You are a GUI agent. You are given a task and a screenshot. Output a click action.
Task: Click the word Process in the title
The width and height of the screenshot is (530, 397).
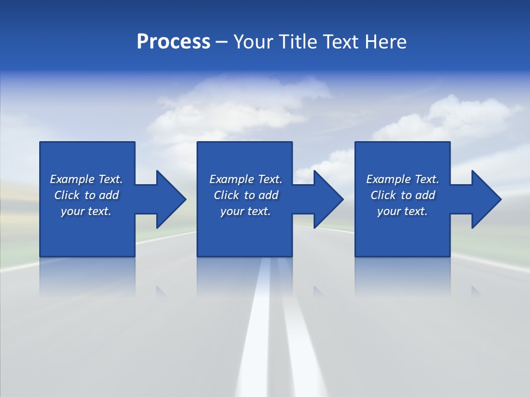click(173, 42)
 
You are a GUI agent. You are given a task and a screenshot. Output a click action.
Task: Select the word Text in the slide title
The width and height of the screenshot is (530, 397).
click(341, 42)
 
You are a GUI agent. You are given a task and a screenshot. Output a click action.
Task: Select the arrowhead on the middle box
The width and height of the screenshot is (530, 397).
click(328, 199)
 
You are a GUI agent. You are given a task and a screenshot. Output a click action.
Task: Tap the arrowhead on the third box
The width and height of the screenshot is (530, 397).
click(486, 199)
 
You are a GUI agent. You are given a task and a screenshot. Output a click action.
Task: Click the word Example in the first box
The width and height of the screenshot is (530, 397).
click(72, 179)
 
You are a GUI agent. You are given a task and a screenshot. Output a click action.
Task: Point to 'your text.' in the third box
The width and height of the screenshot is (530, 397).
click(402, 211)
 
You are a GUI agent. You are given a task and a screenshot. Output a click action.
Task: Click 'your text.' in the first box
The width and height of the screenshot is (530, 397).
click(86, 211)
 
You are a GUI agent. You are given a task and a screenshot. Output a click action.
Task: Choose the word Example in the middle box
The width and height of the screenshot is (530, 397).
click(231, 179)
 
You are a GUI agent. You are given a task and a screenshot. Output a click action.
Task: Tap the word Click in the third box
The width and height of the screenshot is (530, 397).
click(383, 195)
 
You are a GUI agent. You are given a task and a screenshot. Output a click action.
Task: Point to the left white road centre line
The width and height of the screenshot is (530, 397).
click(256, 331)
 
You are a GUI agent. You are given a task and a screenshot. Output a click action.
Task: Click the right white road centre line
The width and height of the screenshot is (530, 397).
click(298, 331)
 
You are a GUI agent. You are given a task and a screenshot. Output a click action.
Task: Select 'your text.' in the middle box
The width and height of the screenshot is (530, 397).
click(245, 211)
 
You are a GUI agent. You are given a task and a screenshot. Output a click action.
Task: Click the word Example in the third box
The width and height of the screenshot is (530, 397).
click(388, 179)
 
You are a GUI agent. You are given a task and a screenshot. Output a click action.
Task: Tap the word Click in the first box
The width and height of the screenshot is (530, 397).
click(66, 195)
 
